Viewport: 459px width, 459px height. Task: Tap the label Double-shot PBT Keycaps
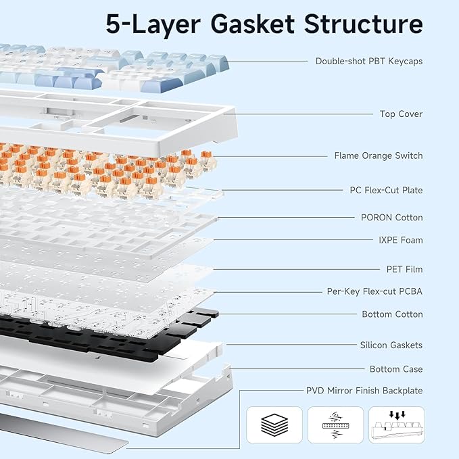click(368, 61)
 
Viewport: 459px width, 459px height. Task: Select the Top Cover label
click(400, 114)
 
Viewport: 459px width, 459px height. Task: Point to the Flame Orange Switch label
click(378, 155)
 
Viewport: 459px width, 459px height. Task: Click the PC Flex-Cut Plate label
click(386, 190)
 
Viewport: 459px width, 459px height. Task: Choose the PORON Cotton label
click(391, 217)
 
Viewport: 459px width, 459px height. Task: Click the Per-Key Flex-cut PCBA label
click(375, 292)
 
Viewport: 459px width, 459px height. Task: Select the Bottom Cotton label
click(392, 314)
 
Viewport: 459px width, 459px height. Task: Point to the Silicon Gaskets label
click(391, 345)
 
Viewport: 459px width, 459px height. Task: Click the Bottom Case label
click(396, 369)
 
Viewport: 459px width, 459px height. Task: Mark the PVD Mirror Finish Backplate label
click(364, 391)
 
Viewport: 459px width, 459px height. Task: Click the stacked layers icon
click(273, 425)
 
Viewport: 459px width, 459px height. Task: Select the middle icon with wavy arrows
click(335, 425)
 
